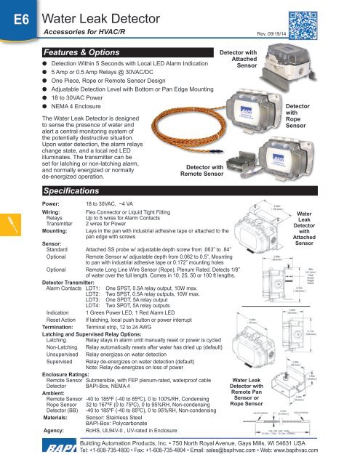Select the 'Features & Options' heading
[x=79, y=54]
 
